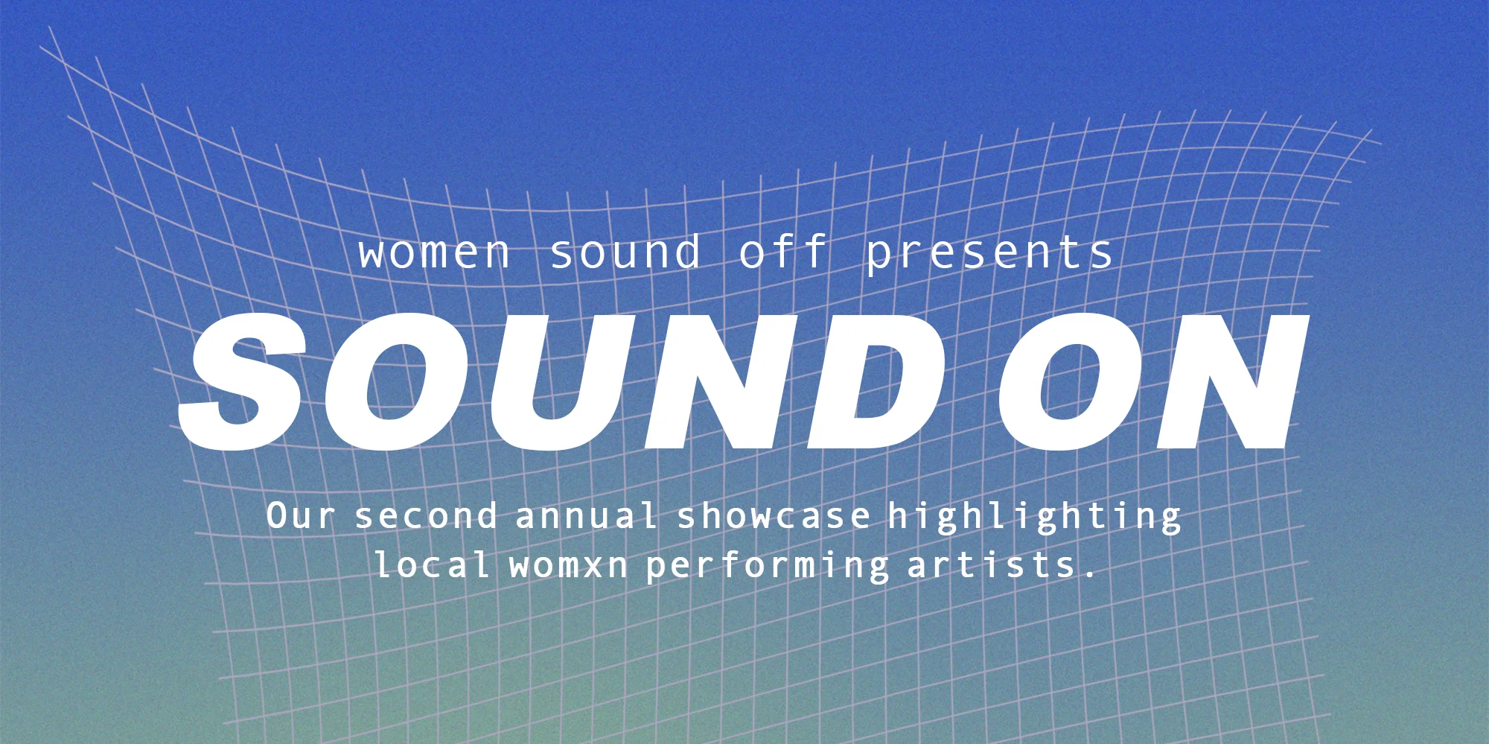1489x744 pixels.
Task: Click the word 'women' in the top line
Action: (x=434, y=254)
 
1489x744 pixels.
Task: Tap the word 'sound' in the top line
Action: (x=625, y=252)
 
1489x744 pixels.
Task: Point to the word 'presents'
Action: (x=989, y=253)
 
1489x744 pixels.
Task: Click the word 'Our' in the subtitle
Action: (x=300, y=516)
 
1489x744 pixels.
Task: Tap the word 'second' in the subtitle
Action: (x=426, y=516)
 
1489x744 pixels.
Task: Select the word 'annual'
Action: (x=587, y=516)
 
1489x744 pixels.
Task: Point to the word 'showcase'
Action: (x=774, y=516)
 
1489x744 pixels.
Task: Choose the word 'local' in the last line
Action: (x=432, y=565)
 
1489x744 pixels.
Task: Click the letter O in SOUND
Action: (x=398, y=381)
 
